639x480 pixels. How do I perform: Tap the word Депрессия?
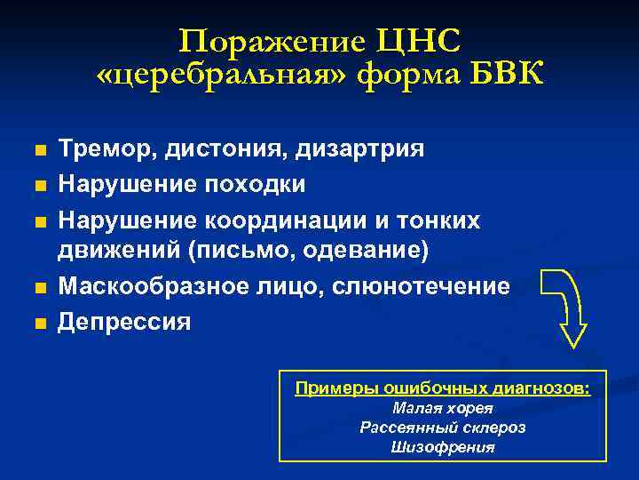124,322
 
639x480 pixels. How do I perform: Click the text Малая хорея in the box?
442,409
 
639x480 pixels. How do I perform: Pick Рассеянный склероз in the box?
442,428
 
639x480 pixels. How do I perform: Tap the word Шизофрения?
442,446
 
